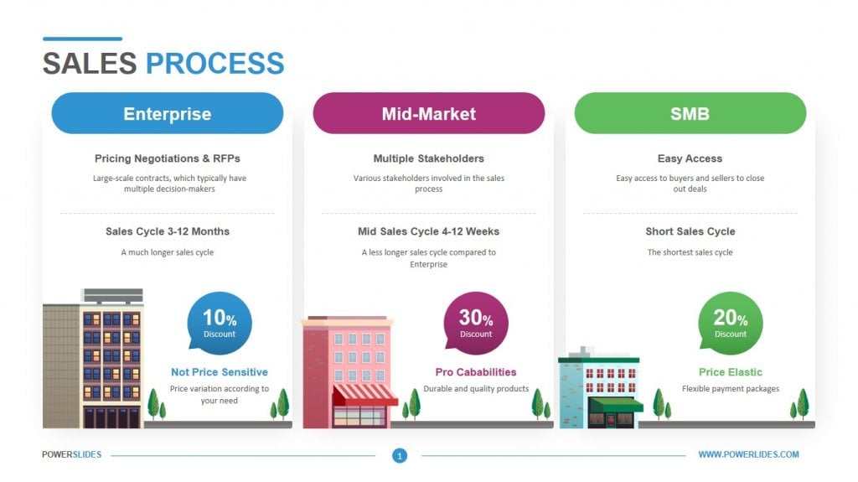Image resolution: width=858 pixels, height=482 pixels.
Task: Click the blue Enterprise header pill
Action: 167,113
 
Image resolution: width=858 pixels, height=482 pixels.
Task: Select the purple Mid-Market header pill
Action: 428,113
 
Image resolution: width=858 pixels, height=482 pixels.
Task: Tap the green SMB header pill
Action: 690,113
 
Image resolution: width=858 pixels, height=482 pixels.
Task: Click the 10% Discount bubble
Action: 220,323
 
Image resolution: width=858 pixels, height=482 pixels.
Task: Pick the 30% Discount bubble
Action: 475,323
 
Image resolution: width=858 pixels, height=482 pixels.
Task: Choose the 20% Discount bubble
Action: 730,323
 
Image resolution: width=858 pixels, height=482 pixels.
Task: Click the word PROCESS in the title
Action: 214,64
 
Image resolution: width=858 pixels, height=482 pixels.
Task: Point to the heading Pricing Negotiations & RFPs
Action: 167,158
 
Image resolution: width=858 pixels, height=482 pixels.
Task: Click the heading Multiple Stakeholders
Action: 428,158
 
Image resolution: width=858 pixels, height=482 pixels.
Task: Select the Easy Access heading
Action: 690,158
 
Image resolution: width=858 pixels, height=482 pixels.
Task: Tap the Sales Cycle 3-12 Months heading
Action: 167,231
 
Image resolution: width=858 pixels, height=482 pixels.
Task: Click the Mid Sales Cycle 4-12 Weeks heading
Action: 428,231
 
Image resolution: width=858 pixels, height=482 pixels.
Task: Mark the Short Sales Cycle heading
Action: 690,231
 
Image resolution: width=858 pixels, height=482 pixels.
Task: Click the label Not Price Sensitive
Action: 220,372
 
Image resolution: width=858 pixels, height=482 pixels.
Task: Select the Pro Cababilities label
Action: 475,372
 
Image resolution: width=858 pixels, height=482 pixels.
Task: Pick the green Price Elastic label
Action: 730,372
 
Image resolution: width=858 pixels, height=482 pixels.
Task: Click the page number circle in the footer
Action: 400,456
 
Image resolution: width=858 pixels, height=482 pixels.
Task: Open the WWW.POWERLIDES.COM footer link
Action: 748,454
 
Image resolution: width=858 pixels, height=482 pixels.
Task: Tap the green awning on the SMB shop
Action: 617,405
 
